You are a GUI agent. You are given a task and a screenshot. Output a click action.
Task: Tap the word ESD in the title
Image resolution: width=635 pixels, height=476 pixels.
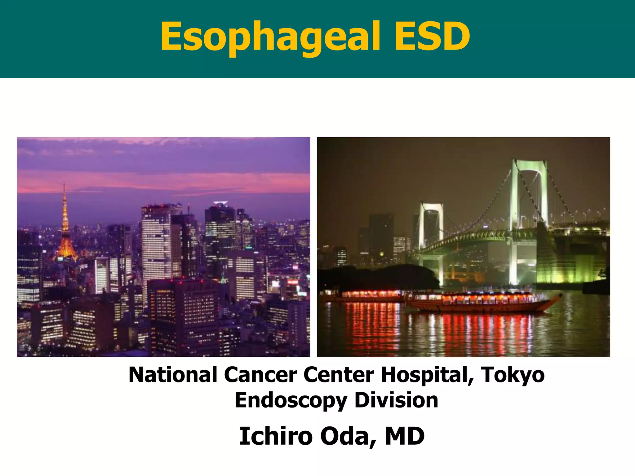tap(432, 37)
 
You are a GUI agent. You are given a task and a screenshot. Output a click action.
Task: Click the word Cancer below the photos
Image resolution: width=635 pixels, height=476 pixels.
tap(260, 375)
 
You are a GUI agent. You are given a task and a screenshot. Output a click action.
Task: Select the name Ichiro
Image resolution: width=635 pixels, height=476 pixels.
tap(276, 436)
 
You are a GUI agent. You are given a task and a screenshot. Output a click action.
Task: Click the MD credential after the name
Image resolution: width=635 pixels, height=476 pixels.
tap(405, 436)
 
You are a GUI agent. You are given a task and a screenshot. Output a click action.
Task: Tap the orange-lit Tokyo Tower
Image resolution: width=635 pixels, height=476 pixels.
tap(65, 229)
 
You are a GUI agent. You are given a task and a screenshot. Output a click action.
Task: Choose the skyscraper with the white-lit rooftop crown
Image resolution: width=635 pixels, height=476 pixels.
tap(220, 223)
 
